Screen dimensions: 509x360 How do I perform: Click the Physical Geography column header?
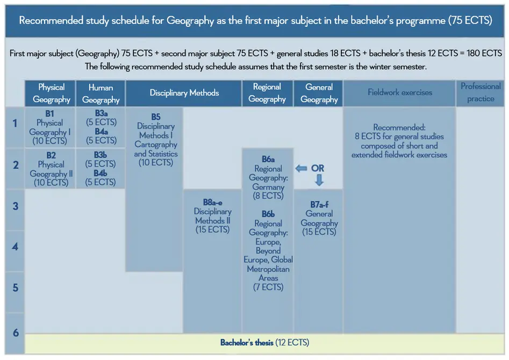tap(51, 93)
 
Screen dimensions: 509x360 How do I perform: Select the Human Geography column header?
tap(101, 93)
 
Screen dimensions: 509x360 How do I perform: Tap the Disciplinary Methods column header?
tap(184, 93)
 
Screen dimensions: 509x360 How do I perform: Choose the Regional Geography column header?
tap(267, 93)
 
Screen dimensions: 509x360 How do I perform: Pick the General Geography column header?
tap(319, 93)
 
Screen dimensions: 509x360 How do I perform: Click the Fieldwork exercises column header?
tap(399, 93)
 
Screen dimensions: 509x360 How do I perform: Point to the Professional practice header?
tap(481, 93)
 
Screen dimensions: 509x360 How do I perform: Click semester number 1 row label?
tap(15, 124)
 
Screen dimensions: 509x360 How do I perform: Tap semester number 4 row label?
tap(15, 247)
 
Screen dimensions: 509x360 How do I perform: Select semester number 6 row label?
tap(16, 333)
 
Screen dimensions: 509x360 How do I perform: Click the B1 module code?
tap(49, 113)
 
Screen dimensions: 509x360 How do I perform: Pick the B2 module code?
tap(51, 155)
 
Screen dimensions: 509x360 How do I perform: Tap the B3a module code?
tap(101, 113)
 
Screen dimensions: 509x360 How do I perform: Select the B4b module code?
tap(101, 174)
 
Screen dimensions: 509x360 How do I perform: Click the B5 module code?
tap(156, 117)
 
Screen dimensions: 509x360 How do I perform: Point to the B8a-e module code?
tap(213, 203)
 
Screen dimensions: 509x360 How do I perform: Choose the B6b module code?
tap(268, 214)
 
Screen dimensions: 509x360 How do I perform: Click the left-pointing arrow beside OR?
tap(301, 169)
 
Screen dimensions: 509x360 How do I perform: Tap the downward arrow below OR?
tap(319, 180)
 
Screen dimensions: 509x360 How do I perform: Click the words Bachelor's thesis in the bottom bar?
tap(247, 343)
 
